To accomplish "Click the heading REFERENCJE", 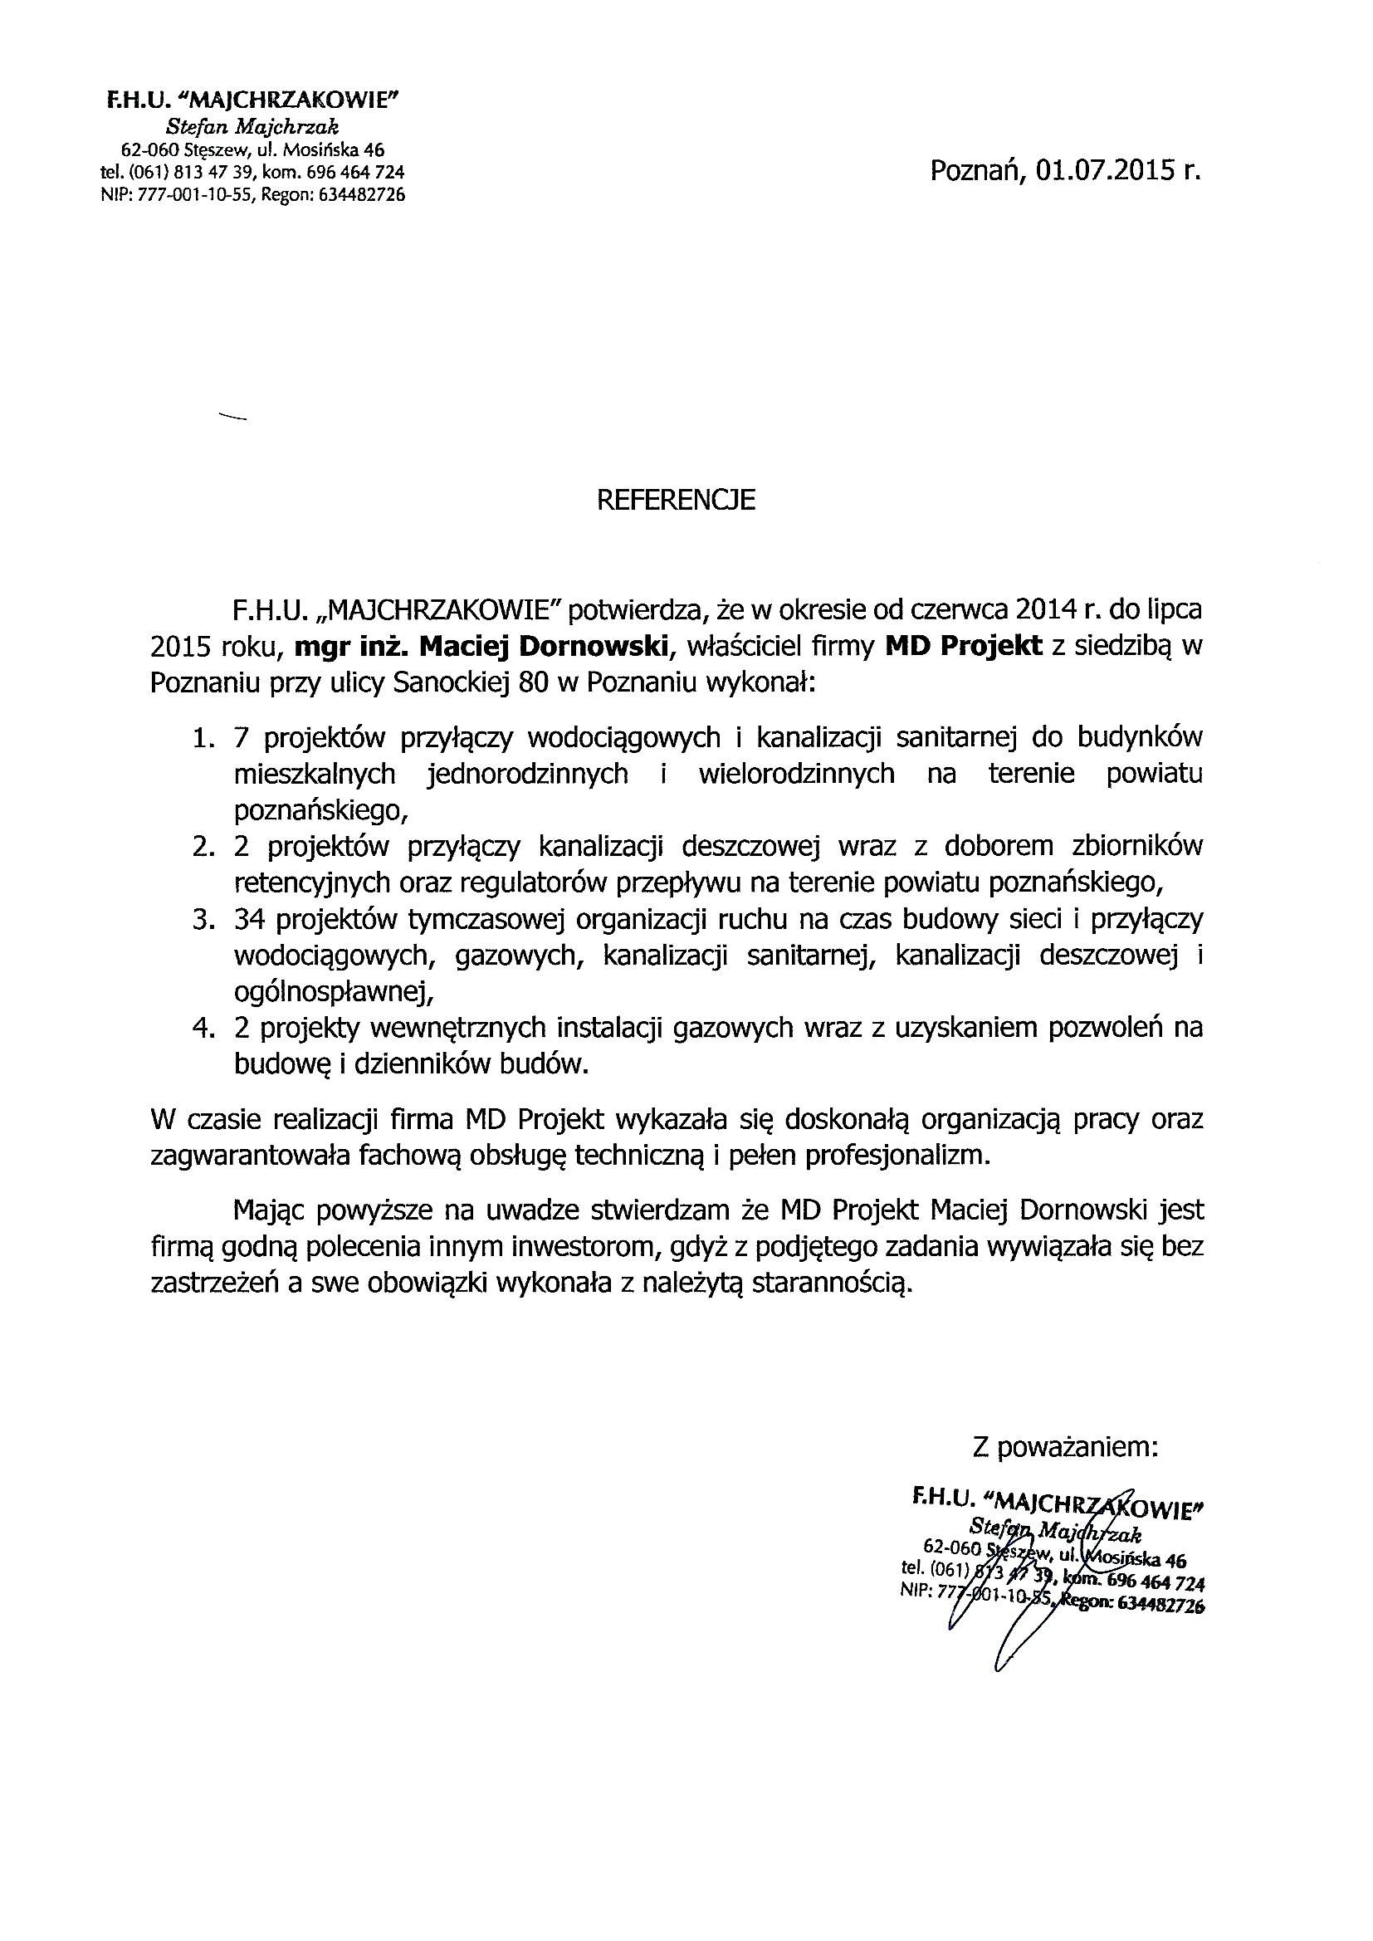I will [x=676, y=501].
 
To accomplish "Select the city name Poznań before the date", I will [x=972, y=172].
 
